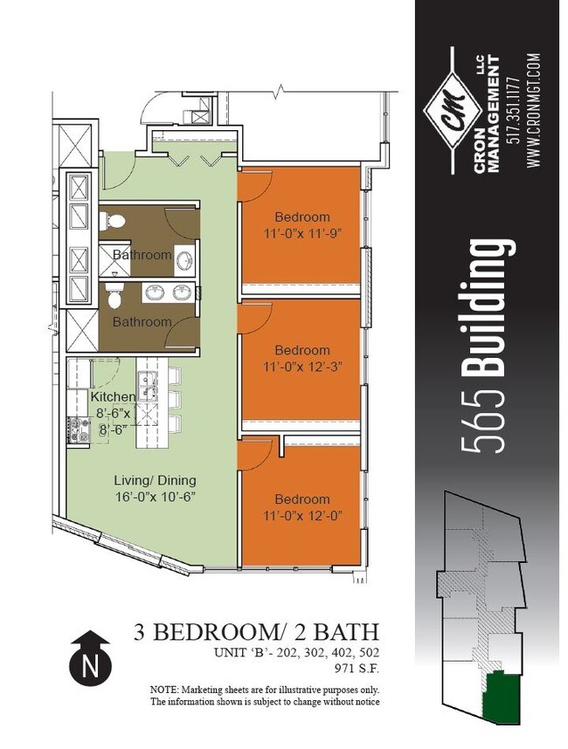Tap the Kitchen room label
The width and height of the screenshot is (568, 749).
pos(112,397)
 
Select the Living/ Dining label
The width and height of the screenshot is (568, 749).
pos(156,480)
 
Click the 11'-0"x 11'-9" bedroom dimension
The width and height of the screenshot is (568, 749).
pos(302,233)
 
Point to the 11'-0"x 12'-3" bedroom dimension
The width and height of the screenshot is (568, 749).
pos(302,367)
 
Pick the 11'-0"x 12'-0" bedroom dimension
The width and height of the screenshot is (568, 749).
pos(302,515)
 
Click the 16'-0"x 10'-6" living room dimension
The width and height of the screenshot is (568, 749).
pos(156,496)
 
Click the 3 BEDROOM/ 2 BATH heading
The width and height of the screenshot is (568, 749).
pos(257,631)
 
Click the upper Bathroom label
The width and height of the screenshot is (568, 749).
pos(142,255)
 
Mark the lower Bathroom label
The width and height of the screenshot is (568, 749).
pos(142,321)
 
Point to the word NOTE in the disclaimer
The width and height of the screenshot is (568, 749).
pos(164,690)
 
